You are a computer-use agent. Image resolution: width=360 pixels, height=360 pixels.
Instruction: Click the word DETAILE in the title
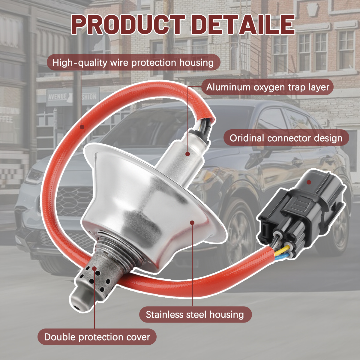click(246, 25)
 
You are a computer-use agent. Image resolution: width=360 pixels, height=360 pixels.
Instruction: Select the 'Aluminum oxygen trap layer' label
click(268, 87)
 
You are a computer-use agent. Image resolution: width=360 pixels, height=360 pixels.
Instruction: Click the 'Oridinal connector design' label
click(286, 138)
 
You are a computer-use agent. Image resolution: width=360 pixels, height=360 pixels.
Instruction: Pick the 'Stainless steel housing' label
click(195, 314)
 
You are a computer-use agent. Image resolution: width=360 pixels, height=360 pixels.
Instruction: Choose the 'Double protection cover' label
click(97, 337)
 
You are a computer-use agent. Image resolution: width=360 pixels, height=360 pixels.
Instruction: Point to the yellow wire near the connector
click(281, 249)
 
